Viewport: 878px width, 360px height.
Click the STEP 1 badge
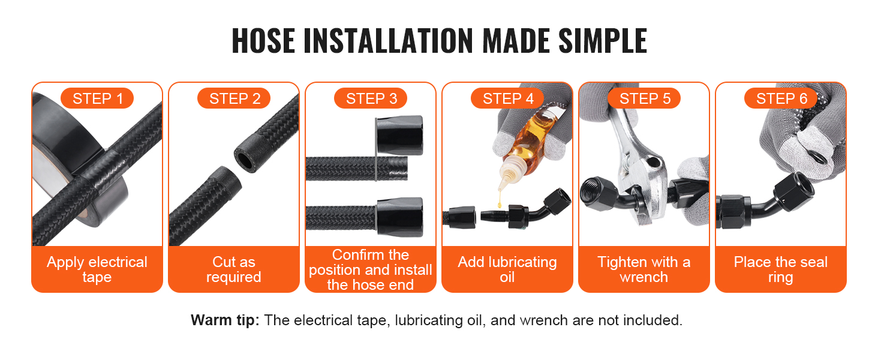click(97, 98)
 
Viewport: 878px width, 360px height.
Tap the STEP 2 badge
click(234, 98)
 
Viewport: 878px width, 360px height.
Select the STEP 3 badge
click(371, 98)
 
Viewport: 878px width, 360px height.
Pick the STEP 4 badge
click(507, 98)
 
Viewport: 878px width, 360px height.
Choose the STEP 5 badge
click(644, 98)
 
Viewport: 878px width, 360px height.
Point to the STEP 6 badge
click(781, 98)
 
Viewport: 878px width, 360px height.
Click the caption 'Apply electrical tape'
click(97, 269)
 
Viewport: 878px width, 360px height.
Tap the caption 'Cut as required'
click(234, 269)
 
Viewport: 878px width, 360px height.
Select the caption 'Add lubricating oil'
click(507, 269)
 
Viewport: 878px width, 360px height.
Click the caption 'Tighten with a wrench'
click(644, 269)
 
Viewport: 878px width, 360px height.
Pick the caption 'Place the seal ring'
click(781, 269)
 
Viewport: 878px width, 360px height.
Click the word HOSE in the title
click(263, 40)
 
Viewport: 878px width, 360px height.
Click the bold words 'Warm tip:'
click(225, 320)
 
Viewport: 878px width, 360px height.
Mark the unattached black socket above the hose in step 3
click(399, 135)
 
